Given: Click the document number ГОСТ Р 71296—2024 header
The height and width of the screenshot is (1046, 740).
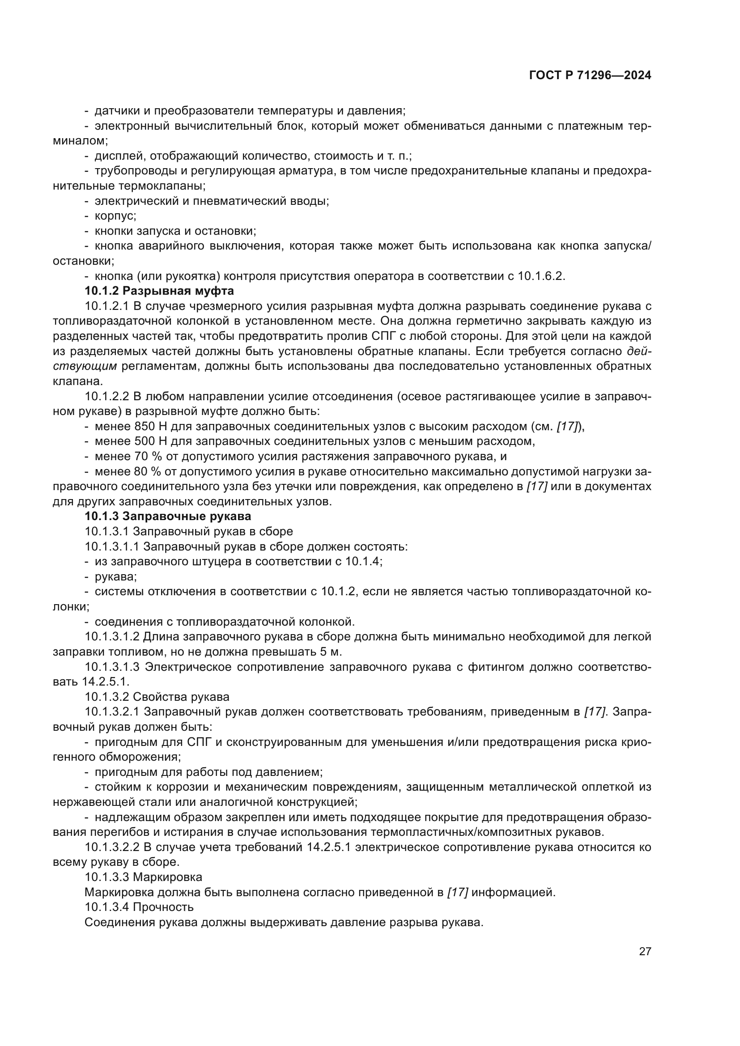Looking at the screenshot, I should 590,76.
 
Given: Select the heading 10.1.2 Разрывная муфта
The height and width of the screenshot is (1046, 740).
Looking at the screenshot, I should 159,291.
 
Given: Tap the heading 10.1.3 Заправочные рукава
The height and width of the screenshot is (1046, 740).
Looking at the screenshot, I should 168,516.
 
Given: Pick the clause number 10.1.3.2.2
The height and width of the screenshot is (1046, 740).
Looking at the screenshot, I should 112,847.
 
